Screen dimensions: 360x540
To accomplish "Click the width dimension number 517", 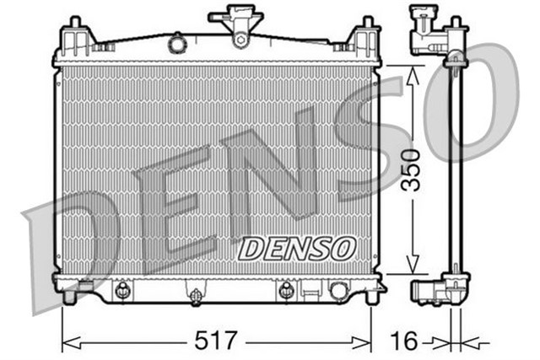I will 217,341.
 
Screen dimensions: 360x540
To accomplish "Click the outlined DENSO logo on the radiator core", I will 296,248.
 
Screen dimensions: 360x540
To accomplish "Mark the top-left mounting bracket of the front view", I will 76,39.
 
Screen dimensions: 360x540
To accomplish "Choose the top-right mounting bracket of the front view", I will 364,39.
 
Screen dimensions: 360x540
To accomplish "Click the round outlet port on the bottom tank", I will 339,291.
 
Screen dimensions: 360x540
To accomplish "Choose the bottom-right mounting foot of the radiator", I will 371,295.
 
